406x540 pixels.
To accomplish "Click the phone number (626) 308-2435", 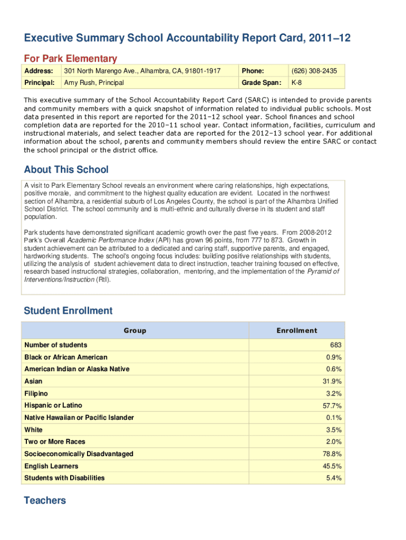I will tap(314, 71).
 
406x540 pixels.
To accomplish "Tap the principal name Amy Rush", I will tap(94, 83).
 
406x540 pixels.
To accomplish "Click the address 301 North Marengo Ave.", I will tap(142, 71).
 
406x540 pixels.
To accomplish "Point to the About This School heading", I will tap(66, 169).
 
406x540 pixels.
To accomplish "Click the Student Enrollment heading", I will tap(68, 311).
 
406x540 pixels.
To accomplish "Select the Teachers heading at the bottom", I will tap(45, 500).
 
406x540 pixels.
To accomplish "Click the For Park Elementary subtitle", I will tap(70, 59).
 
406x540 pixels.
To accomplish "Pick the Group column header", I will tap(135, 331).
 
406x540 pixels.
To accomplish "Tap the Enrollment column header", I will tap(297, 331).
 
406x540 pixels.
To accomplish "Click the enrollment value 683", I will tap(336, 345).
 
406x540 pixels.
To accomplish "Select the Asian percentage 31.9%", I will tap(332, 381).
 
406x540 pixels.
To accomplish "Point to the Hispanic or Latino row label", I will tap(53, 406).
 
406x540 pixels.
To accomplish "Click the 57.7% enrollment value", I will tap(332, 406).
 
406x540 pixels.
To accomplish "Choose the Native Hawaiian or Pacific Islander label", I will tap(79, 418).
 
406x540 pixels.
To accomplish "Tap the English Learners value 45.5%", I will tap(332, 466).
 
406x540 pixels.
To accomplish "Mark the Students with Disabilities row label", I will tap(64, 478).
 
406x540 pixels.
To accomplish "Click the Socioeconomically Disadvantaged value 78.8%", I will tap(332, 454).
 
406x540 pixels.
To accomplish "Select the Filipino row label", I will tap(36, 393).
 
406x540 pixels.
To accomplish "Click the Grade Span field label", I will tap(260, 83).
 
